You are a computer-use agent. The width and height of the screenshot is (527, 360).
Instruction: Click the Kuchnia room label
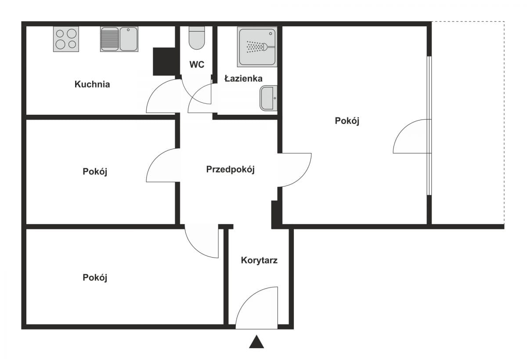[x=92, y=84]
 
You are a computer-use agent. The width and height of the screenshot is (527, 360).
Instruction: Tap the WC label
[x=197, y=65]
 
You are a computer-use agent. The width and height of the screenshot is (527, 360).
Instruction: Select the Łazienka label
[x=243, y=78]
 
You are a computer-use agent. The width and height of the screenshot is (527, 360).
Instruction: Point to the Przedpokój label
[x=230, y=169]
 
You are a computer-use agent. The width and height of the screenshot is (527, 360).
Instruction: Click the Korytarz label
[x=259, y=260]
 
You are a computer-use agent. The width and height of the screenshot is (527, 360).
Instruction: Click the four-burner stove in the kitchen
[x=66, y=39]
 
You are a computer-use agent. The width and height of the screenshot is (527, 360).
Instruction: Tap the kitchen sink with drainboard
[x=119, y=39]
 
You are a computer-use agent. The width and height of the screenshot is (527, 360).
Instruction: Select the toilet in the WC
[x=197, y=38]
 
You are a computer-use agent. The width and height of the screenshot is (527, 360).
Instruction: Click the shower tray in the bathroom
[x=257, y=47]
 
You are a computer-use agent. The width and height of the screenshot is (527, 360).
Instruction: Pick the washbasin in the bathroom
[x=268, y=98]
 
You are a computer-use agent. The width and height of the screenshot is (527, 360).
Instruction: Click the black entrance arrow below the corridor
[x=256, y=342]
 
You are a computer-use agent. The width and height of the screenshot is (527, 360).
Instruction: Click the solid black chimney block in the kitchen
[x=165, y=62]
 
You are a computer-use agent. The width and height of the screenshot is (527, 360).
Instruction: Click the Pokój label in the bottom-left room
[x=95, y=278]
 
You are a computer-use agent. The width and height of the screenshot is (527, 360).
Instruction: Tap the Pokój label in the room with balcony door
[x=347, y=121]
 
